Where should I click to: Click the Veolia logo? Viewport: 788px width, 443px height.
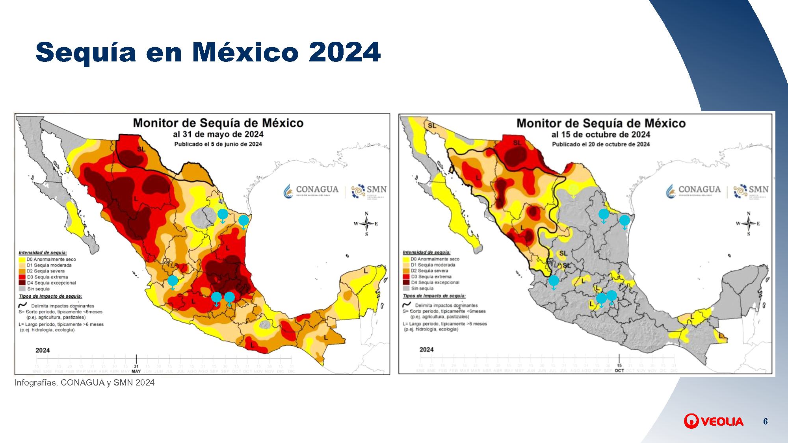tap(714, 421)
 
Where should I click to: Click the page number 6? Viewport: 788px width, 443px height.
tap(765, 421)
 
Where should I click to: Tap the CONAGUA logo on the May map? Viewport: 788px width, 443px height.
tap(311, 191)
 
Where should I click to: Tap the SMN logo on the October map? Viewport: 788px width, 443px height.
tap(751, 191)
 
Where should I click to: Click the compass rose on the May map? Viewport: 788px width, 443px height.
tap(366, 224)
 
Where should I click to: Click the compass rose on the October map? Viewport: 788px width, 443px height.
tap(749, 224)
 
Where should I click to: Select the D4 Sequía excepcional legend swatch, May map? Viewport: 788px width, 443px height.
tap(22, 283)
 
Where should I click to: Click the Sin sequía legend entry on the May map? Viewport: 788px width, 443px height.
tap(38, 289)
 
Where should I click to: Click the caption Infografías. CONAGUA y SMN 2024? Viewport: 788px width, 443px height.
tap(84, 383)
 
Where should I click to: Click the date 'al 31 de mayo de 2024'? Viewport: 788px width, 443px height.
tap(218, 134)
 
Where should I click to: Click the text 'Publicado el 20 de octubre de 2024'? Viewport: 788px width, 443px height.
tap(600, 144)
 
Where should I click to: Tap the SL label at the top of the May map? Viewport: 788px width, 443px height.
tap(141, 149)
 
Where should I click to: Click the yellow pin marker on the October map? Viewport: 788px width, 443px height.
tap(573, 190)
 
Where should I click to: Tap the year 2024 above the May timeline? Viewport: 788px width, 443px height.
tap(43, 350)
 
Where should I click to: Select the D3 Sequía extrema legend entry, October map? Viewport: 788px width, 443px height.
tap(431, 276)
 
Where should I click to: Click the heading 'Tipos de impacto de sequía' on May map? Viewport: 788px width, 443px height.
tap(50, 296)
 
